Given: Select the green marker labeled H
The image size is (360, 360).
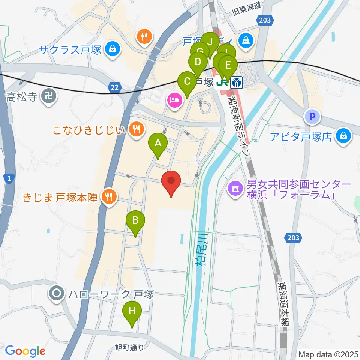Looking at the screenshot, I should pos(132,312).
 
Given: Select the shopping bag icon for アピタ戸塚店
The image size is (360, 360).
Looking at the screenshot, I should pos(343,136).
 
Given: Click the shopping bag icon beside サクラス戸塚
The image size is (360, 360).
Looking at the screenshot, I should pos(111,49).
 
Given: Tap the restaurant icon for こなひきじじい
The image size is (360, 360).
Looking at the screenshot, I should pos(136,130).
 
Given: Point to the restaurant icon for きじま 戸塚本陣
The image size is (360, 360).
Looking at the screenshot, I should pos(109,196).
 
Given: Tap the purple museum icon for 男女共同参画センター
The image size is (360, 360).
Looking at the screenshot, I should pos(235,188).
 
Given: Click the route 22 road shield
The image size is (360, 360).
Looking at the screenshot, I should pos(115,87).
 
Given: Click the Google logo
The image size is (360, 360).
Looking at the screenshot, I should pos(25,351).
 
